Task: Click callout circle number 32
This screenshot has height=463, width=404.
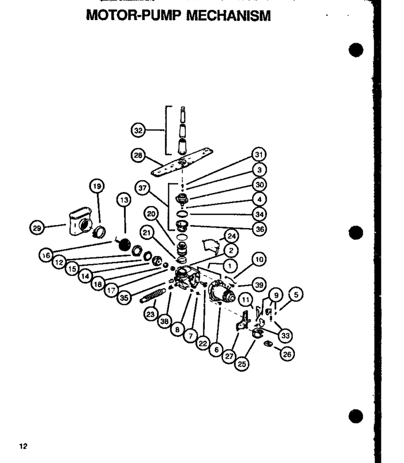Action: pos(138,130)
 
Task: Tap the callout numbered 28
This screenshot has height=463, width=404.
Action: pos(138,156)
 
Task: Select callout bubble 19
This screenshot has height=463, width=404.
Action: pos(97,186)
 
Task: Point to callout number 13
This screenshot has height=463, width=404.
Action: pos(124,200)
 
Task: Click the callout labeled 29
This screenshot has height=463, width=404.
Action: pos(37,228)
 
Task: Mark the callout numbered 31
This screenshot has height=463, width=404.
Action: pos(259,155)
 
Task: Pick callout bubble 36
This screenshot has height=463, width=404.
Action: pos(259,229)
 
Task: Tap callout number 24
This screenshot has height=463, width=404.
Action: pos(232,236)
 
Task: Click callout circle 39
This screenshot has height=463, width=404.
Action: pos(259,285)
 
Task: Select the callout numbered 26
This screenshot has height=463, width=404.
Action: pos(287,354)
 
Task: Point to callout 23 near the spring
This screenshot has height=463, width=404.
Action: pos(150,314)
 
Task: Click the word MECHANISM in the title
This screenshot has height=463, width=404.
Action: pos(229,15)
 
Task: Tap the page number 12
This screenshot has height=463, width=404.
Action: pos(23,446)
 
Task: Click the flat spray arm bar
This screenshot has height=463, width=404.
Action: pos(182,162)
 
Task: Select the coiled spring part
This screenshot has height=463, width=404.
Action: pos(153,296)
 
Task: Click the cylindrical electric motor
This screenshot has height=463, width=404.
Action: pos(221,291)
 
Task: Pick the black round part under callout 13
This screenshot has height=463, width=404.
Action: pos(124,245)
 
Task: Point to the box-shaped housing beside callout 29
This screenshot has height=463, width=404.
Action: pos(80,221)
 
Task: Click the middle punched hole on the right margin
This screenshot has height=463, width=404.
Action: pos(356,233)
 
